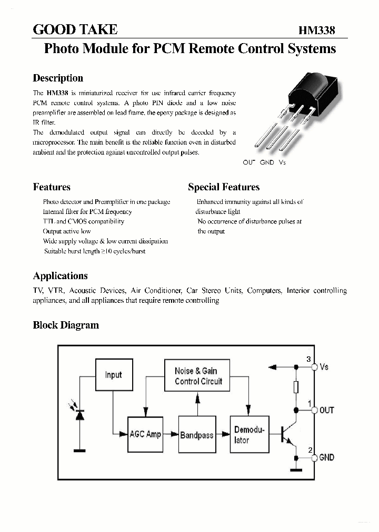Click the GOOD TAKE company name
click(x=75, y=29)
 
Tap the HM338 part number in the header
click(x=317, y=30)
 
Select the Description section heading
click(x=58, y=78)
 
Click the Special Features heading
click(x=224, y=187)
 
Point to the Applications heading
click(x=61, y=276)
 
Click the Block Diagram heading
click(x=66, y=325)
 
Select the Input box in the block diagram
click(x=113, y=375)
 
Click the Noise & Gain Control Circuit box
click(x=198, y=376)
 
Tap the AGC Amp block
click(x=145, y=434)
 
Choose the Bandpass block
click(x=197, y=435)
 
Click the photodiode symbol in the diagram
click(x=79, y=414)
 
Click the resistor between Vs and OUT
click(x=296, y=387)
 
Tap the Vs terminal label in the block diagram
click(x=324, y=366)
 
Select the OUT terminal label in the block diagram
click(x=326, y=410)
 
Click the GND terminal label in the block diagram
click(x=326, y=457)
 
